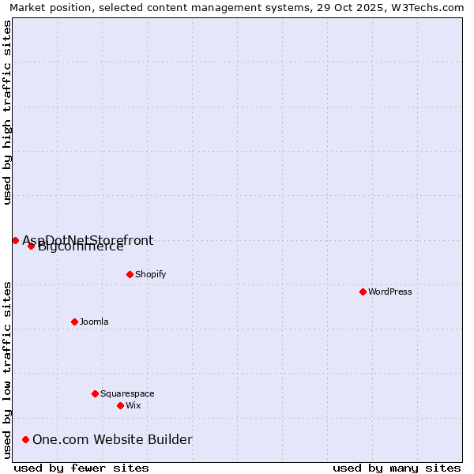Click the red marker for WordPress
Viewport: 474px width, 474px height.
(363, 292)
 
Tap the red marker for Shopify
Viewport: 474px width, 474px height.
(130, 274)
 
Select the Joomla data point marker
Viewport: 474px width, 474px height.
(74, 322)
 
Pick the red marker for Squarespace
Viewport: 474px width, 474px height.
(95, 393)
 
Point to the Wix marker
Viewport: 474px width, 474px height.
(120, 405)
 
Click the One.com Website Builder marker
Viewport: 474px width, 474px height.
(26, 439)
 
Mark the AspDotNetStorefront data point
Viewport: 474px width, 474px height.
(15, 240)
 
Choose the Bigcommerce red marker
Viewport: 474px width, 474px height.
(31, 246)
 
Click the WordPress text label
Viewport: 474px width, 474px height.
(390, 292)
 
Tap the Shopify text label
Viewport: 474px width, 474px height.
(150, 274)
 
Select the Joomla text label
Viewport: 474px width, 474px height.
(94, 322)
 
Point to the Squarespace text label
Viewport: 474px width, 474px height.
(127, 393)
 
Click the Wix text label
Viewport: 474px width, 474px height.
(134, 405)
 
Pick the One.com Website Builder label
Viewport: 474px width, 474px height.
(112, 439)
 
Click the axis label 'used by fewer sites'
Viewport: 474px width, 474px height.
(81, 468)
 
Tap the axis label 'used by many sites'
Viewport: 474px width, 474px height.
(397, 468)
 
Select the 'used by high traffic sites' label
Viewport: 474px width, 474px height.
(7, 112)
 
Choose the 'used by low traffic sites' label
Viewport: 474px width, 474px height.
(7, 370)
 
